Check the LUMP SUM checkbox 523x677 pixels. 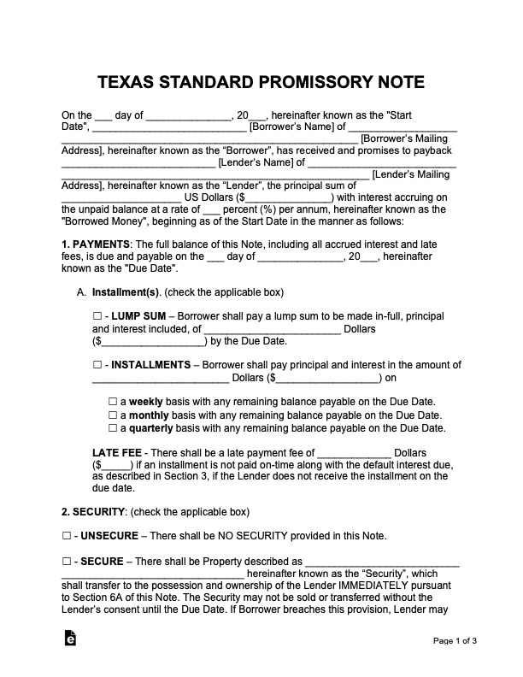tap(96, 316)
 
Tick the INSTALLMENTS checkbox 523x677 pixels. tap(96, 364)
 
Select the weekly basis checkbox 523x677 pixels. tap(112, 401)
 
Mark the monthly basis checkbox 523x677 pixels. tap(112, 415)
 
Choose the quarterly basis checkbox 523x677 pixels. tap(112, 427)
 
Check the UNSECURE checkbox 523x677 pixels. tap(66, 537)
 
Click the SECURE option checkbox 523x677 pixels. tap(66, 562)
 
